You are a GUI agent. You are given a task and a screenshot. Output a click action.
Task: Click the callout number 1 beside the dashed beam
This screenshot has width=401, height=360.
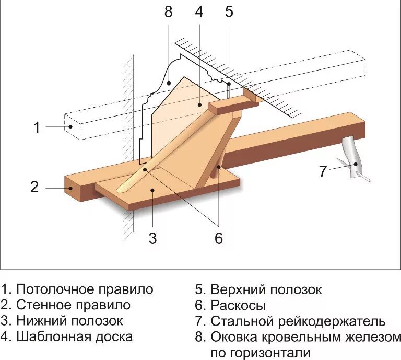pos(37,127)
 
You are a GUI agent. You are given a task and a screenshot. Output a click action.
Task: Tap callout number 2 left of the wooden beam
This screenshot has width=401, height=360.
pos(34,187)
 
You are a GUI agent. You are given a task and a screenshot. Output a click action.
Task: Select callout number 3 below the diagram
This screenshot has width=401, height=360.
pos(152,238)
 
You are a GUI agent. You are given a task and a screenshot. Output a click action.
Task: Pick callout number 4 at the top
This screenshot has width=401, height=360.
pos(199,13)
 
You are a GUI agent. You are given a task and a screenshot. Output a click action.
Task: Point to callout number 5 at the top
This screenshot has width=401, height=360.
pos(229,13)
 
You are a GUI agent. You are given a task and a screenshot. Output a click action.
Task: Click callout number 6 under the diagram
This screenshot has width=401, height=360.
pos(218,238)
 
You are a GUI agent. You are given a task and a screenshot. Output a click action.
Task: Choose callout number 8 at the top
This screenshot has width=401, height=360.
pos(168,13)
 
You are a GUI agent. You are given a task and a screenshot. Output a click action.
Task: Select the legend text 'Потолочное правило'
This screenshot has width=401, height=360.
pos(85,289)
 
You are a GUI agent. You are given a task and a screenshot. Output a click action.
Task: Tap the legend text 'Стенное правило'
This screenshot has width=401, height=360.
pos(73,305)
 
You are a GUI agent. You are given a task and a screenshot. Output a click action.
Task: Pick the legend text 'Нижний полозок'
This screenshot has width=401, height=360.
pos(69,320)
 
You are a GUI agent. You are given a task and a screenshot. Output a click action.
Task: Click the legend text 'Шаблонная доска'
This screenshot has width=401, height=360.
pos(74,336)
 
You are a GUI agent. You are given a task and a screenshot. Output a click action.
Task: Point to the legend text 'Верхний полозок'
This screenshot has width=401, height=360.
pos(266,289)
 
